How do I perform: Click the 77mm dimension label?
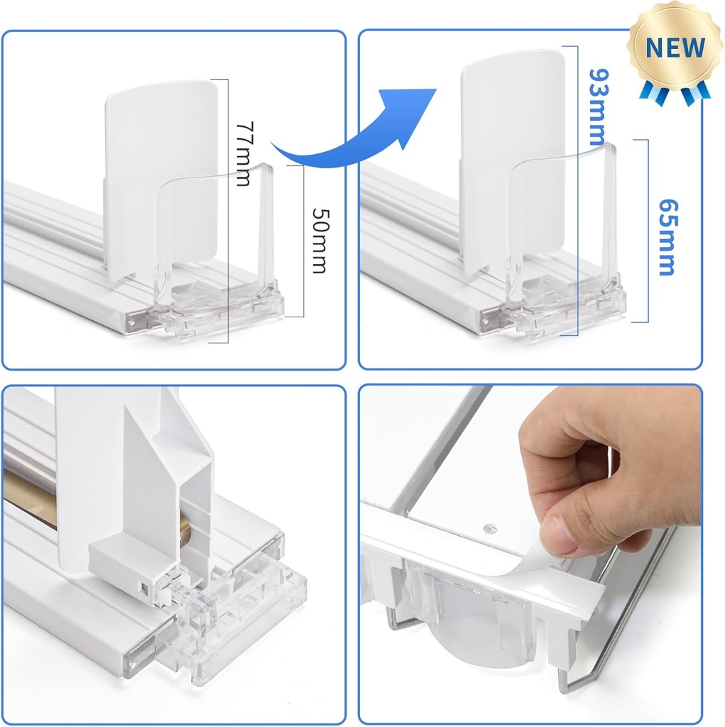(x=245, y=154)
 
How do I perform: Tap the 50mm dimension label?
(x=320, y=241)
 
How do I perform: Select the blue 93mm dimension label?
(x=599, y=107)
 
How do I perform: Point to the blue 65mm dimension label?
(x=668, y=237)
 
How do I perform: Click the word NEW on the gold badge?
(x=675, y=48)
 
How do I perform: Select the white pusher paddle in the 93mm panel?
(x=512, y=163)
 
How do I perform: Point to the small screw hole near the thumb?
(x=489, y=528)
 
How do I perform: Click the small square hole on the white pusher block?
(x=144, y=589)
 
